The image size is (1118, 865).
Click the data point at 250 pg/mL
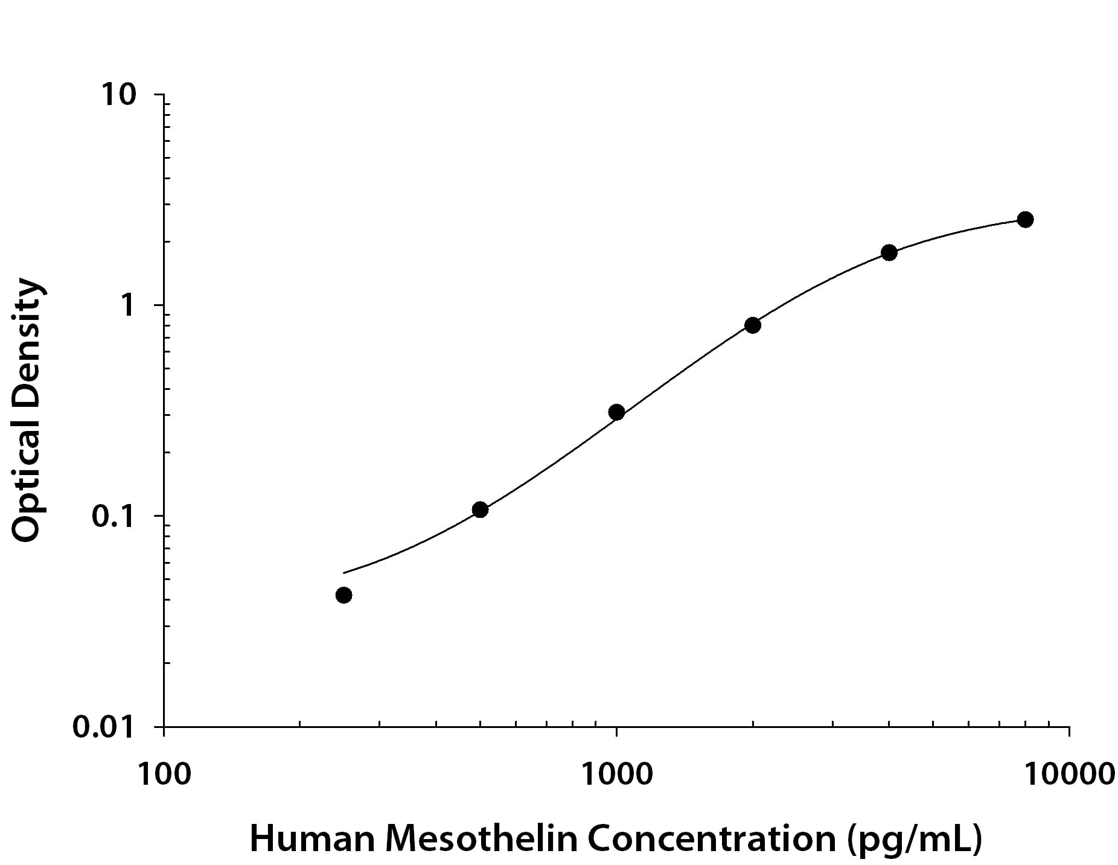coord(343,595)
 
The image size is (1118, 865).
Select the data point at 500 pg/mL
coord(480,509)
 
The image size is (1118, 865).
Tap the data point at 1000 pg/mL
coord(616,412)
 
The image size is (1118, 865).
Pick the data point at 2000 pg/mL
coord(752,325)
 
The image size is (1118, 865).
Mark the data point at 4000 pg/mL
coord(889,252)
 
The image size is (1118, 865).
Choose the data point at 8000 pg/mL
coord(1025,219)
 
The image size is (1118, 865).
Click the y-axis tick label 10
coord(118,95)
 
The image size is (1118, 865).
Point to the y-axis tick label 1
coord(127,305)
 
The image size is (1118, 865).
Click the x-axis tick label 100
coord(164,774)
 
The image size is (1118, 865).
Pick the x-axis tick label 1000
coord(616,774)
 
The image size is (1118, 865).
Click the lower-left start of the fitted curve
coord(343,573)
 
